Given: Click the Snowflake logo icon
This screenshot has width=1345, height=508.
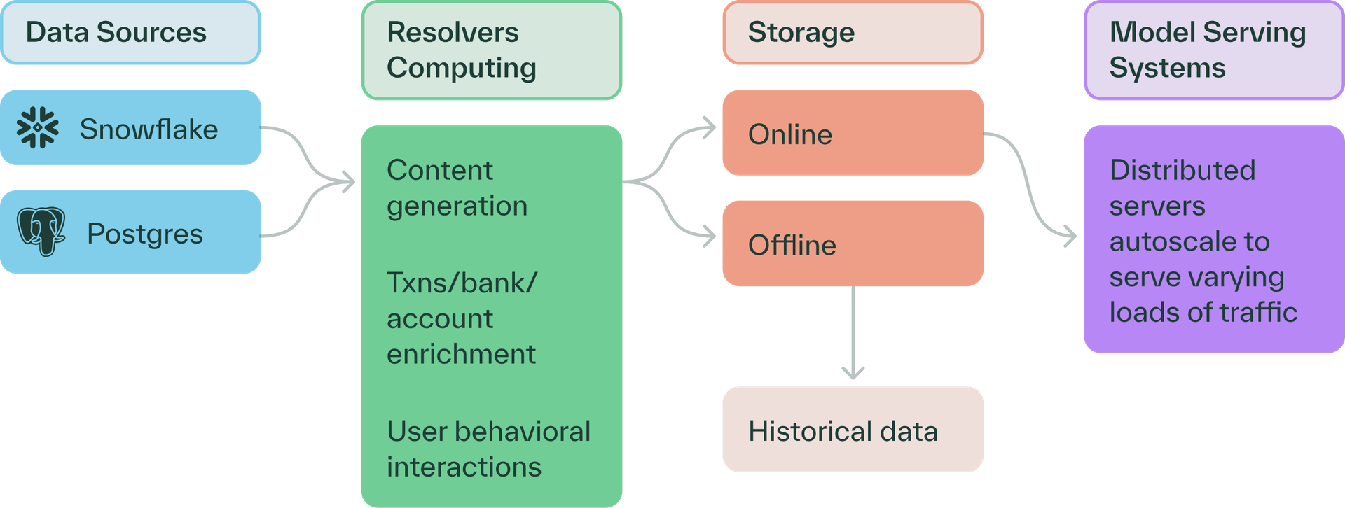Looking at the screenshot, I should click(x=38, y=128).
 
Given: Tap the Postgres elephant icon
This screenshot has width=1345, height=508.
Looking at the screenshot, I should click(x=41, y=232).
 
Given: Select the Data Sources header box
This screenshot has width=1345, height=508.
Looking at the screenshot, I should click(x=131, y=33).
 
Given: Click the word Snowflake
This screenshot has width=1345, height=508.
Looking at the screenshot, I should click(x=149, y=129).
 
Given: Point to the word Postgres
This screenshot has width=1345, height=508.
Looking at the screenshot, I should click(x=145, y=234).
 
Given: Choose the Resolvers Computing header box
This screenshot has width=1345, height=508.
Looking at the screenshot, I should click(x=491, y=50).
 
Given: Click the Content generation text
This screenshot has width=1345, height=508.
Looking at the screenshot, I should click(x=457, y=188).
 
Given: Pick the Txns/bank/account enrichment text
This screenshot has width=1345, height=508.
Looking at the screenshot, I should click(x=462, y=318).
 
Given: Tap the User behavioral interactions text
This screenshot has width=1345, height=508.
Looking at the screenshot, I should click(x=488, y=449).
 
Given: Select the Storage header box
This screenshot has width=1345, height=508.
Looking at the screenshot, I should click(x=853, y=33).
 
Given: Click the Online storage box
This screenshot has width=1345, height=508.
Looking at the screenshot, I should click(x=853, y=133).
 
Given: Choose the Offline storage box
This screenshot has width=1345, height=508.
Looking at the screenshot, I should click(x=853, y=244).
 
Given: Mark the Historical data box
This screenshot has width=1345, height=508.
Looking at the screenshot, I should click(x=853, y=430).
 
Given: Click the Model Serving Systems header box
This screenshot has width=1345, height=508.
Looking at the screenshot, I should click(x=1213, y=50).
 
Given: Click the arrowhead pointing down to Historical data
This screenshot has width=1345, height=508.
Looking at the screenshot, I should click(x=853, y=372).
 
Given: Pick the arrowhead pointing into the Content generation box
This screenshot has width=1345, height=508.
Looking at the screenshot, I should click(x=348, y=183).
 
